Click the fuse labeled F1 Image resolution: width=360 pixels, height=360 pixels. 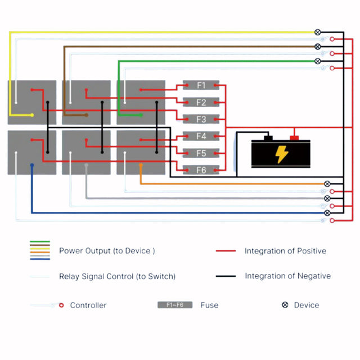pyautogui.click(x=201, y=85)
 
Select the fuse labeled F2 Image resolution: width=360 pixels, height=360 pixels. pyautogui.click(x=201, y=102)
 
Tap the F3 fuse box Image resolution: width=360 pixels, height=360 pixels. pyautogui.click(x=201, y=119)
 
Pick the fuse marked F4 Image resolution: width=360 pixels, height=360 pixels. pyautogui.click(x=201, y=136)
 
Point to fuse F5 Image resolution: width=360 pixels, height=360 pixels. pyautogui.click(x=201, y=153)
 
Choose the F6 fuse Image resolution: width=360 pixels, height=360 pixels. pyautogui.click(x=201, y=170)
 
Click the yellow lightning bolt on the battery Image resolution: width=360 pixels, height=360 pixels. pyautogui.click(x=281, y=154)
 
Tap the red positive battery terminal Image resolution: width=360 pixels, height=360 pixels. pyautogui.click(x=294, y=137)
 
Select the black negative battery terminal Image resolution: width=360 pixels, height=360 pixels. pyautogui.click(x=268, y=137)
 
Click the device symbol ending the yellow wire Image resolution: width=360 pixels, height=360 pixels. pyautogui.click(x=318, y=32)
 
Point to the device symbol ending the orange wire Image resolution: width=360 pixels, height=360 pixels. pyautogui.click(x=327, y=184)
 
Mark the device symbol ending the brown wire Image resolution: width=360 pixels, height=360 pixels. pyautogui.click(x=318, y=47)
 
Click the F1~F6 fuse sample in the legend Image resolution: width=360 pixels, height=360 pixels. pyautogui.click(x=174, y=305)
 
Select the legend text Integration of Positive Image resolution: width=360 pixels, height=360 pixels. pyautogui.click(x=285, y=251)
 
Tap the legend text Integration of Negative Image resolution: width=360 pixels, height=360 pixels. pyautogui.click(x=287, y=276)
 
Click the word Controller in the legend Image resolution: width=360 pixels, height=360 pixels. pyautogui.click(x=88, y=305)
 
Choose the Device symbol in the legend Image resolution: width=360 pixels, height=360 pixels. pyautogui.click(x=285, y=305)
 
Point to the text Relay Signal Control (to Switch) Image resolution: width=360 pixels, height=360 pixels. pyautogui.click(x=117, y=276)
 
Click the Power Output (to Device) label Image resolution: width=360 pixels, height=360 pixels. pyautogui.click(x=107, y=251)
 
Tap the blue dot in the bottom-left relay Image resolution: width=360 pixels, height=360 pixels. pyautogui.click(x=32, y=165)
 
